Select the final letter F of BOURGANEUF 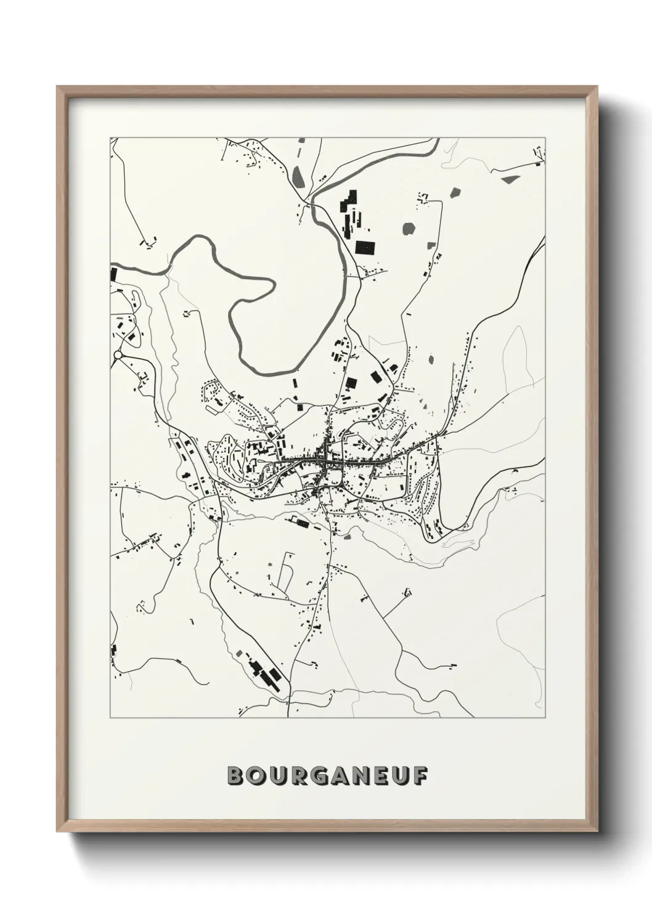tap(419, 776)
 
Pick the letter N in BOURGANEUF tap(361, 776)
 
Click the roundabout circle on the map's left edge tap(118, 355)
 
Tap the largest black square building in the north tap(365, 247)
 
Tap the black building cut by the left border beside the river tap(113, 274)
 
